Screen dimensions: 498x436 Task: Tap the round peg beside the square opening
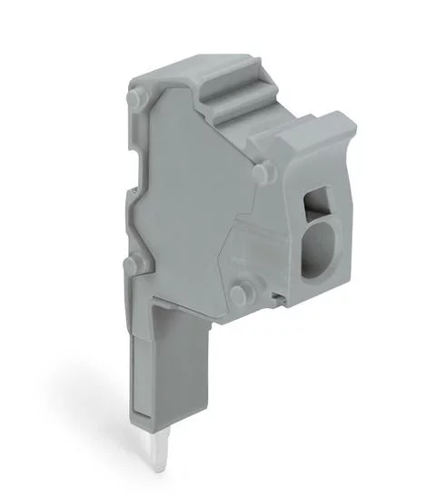click(262, 172)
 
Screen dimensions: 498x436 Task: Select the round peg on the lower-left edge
click(134, 264)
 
